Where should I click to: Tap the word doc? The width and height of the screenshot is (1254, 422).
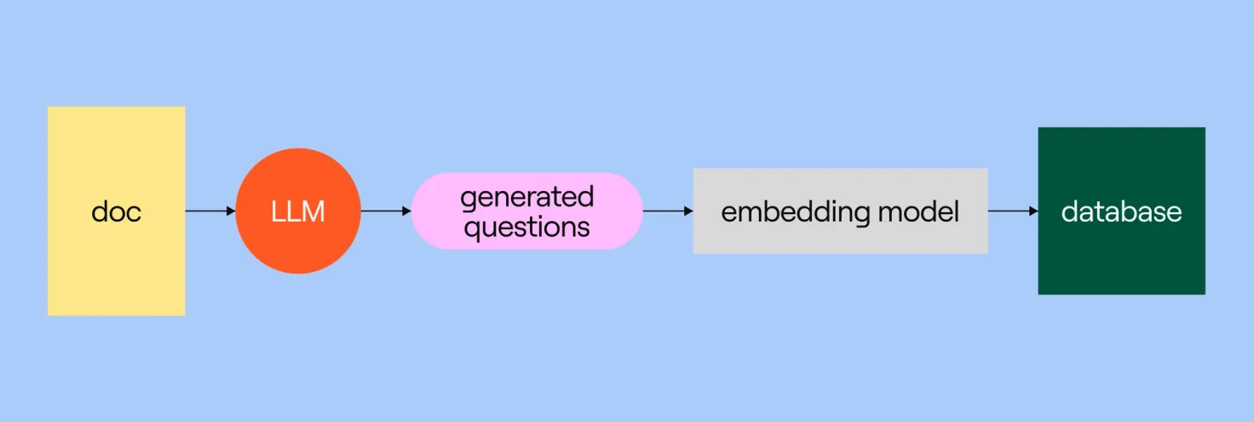(x=116, y=211)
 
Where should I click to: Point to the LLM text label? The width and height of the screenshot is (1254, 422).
(x=298, y=211)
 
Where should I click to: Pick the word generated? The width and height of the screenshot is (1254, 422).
(x=526, y=197)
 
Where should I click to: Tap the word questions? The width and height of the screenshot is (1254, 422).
(x=526, y=227)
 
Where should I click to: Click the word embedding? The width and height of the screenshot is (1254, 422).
(x=784, y=211)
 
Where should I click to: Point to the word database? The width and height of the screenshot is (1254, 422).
(x=1121, y=211)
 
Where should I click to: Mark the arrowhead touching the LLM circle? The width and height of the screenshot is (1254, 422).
(x=231, y=211)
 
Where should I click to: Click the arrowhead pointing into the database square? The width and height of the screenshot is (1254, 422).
(x=1033, y=211)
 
